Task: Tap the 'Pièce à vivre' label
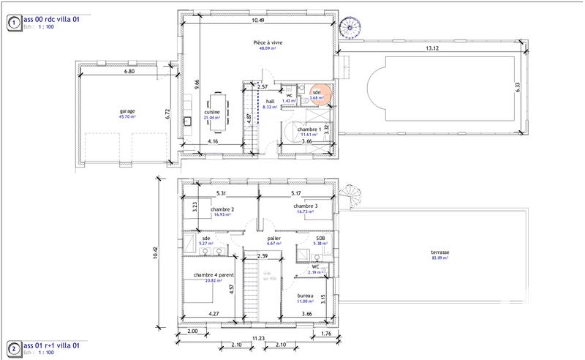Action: (263, 43)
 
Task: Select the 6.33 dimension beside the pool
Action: (516, 86)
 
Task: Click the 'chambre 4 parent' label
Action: (214, 275)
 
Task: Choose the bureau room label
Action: (305, 296)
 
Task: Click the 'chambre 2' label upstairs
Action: (222, 209)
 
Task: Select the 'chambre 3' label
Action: (305, 206)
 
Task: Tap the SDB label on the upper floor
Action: (320, 238)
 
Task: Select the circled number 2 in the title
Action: (12, 348)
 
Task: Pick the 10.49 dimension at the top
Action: (257, 21)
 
